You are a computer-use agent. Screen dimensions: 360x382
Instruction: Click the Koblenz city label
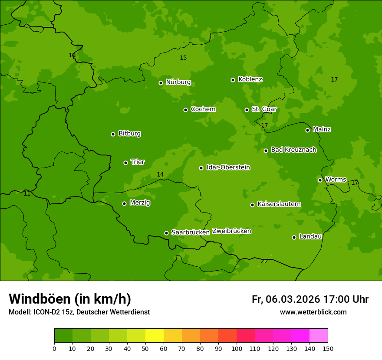(250, 79)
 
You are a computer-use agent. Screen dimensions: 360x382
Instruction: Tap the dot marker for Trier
(125, 163)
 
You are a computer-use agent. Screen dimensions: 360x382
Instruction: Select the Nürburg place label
(178, 82)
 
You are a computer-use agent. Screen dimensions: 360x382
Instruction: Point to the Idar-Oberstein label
(228, 167)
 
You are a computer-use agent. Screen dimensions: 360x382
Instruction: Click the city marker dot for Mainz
(307, 130)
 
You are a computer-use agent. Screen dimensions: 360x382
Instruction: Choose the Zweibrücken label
(231, 231)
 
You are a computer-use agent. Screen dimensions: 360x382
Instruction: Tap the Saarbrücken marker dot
(166, 233)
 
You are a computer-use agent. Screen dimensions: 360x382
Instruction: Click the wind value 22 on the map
(264, 261)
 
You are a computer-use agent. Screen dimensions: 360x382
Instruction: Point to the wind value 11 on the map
(27, 193)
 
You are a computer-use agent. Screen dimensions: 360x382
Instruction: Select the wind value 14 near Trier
(160, 174)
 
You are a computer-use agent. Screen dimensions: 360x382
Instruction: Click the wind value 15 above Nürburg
(183, 58)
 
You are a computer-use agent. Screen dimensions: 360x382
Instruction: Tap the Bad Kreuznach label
(293, 150)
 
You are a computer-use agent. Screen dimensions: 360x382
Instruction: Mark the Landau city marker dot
(294, 237)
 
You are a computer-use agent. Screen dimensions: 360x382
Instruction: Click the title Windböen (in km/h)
(70, 299)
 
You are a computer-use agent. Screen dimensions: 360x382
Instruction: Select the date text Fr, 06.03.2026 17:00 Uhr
(310, 299)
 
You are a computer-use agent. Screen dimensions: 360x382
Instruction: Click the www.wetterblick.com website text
(313, 312)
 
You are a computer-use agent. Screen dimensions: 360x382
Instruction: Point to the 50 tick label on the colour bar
(145, 348)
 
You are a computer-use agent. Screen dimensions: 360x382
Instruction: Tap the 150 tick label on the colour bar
(328, 348)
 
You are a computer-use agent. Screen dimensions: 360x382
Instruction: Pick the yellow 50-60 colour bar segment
(155, 336)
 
